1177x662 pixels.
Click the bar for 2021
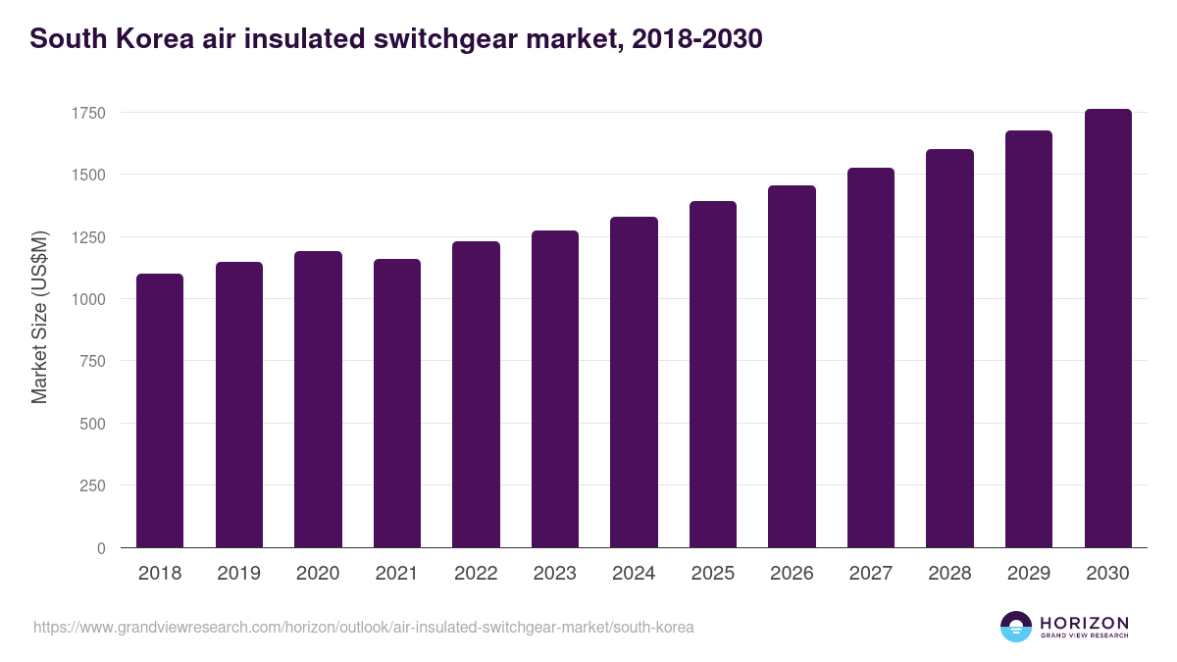coord(397,403)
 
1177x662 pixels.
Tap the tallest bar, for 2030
coord(1108,329)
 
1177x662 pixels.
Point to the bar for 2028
coord(949,348)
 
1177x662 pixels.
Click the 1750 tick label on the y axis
coord(88,113)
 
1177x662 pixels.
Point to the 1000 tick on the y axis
coord(88,299)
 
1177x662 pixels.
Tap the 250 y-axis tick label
coord(92,485)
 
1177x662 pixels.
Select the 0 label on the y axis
coord(101,548)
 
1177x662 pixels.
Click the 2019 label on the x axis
coord(239,574)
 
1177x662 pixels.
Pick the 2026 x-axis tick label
coord(792,574)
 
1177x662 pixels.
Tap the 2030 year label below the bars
coord(1108,574)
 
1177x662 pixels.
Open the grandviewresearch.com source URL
coord(363,627)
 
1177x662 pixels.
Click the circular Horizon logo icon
coord(1016,627)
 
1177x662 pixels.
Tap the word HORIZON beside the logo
coord(1084,623)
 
